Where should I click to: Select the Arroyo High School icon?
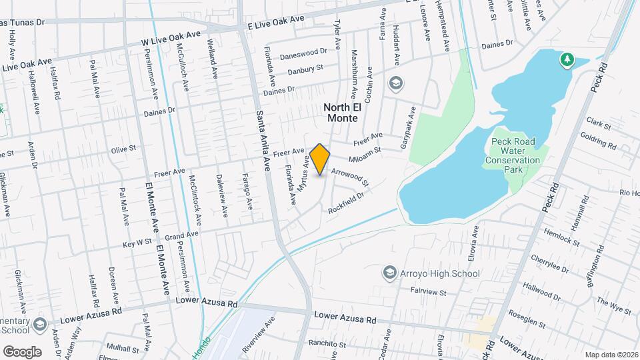pos(389,273)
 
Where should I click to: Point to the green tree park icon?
pos(567,60)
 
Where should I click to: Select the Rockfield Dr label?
pos(346,203)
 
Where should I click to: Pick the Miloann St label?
pos(363,153)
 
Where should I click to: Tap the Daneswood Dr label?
pos(304,52)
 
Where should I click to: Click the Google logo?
pos(22,351)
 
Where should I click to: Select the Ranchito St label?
pos(326,343)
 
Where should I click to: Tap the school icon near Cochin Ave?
pos(396,83)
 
